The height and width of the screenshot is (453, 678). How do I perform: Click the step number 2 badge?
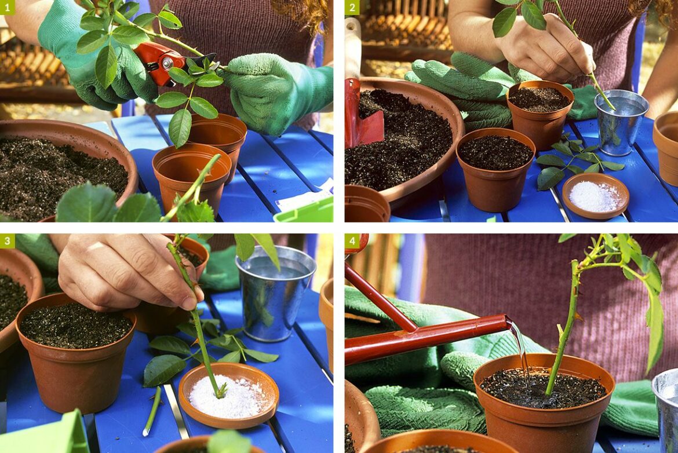[352, 8]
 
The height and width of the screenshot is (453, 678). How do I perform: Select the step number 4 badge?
[352, 241]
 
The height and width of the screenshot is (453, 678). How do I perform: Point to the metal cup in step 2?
[621, 122]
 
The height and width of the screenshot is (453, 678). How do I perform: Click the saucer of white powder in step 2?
[595, 196]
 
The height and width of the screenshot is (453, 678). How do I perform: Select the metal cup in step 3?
[275, 293]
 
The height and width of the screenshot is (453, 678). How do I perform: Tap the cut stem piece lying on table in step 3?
[152, 411]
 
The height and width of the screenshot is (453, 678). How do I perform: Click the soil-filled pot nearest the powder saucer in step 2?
[495, 168]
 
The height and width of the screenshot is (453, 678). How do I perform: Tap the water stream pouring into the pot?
[520, 350]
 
